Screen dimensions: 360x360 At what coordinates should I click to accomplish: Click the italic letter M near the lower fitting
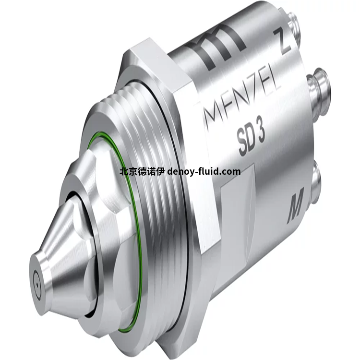point(296,205)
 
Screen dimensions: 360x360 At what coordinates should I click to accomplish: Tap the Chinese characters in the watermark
point(142,172)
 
